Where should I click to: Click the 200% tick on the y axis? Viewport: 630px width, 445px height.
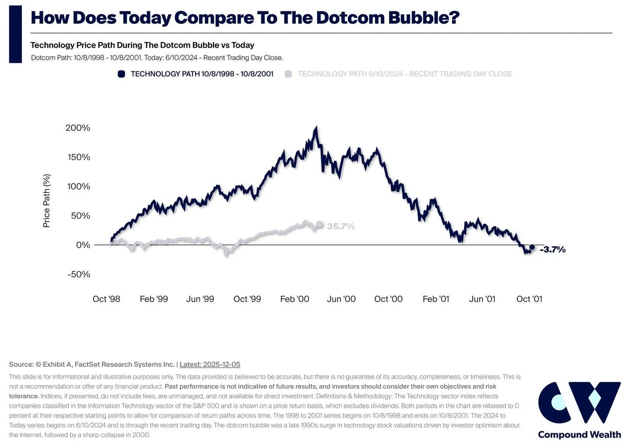[78, 128]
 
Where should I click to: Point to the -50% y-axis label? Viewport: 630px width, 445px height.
[79, 274]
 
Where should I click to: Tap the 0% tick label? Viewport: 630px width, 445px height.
[83, 245]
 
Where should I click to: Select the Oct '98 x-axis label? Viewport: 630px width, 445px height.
[106, 299]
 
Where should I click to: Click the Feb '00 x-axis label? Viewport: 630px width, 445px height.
[294, 299]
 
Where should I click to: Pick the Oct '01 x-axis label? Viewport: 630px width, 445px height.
[529, 299]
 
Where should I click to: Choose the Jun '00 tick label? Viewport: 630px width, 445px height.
[341, 299]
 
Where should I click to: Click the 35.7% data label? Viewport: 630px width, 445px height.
[341, 226]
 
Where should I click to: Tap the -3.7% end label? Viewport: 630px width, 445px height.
[553, 250]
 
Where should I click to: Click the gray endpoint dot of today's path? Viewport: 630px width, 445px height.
[320, 224]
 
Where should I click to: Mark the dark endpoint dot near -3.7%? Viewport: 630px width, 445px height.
[532, 247]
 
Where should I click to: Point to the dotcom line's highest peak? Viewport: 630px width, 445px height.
[316, 128]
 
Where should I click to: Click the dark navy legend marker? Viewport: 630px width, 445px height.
[122, 74]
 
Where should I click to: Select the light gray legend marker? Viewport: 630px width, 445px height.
[288, 74]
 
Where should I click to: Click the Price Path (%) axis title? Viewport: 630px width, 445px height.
[46, 201]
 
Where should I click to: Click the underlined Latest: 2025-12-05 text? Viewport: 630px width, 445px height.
[210, 364]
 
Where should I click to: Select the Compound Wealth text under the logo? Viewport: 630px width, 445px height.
[579, 435]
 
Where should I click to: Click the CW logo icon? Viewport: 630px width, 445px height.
[579, 402]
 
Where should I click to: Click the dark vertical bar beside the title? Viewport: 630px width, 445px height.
[15, 34]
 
